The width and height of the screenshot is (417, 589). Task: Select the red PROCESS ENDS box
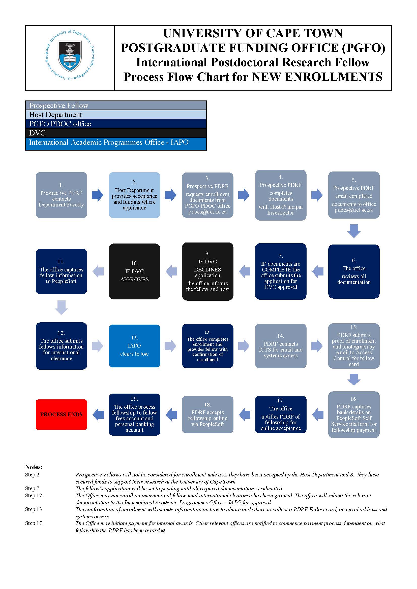61,414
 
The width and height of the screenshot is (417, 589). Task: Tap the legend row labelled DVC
116,133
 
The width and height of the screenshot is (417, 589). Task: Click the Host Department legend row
116,114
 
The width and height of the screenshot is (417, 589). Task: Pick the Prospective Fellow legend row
116,106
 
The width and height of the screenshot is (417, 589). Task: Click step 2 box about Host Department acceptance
135,195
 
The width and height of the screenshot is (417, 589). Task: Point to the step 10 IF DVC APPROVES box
135,271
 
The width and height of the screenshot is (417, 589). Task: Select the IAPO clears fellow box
135,346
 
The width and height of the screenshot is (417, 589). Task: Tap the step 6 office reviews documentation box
354,271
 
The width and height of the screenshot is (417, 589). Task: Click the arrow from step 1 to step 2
98,195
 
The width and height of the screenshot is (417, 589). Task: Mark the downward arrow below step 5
354,231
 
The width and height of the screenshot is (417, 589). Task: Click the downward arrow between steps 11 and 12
61,307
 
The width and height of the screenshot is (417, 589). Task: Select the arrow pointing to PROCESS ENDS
98,414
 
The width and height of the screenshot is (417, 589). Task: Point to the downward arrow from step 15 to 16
354,379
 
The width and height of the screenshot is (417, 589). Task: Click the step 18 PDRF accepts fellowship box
208,414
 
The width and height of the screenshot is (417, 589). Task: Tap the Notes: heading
34,467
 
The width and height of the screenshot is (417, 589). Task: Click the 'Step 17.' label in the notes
34,523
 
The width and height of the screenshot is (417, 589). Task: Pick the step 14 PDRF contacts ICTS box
281,346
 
